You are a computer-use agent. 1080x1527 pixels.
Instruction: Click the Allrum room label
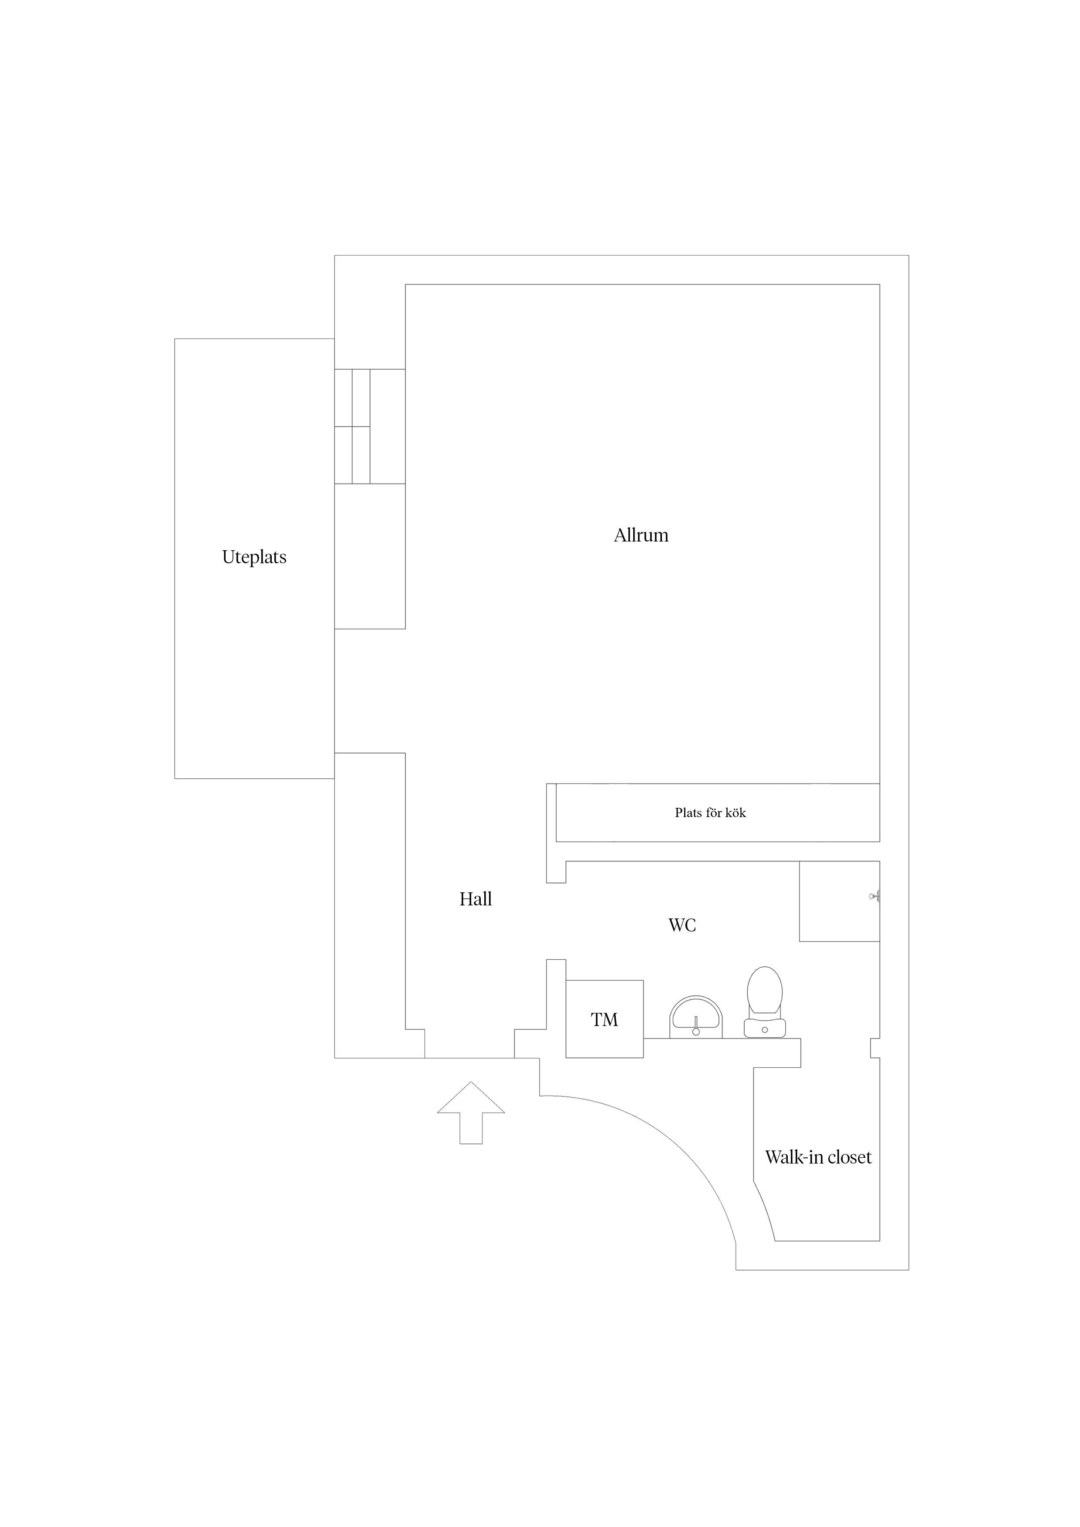tap(641, 535)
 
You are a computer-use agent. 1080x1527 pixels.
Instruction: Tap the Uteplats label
tap(254, 557)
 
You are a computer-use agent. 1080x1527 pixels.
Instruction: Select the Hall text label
tap(476, 899)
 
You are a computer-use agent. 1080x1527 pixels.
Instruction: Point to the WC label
tap(682, 925)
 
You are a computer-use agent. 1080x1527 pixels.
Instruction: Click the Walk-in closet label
tap(818, 1157)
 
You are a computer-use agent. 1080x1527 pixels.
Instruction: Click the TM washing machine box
tap(604, 1019)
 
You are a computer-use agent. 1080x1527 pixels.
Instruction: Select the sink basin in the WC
tap(695, 1017)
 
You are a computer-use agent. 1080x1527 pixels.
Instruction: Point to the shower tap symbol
tap(874, 897)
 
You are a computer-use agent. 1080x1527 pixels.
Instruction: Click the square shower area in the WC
tap(839, 901)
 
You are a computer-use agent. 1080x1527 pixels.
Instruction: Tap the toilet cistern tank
tap(765, 1028)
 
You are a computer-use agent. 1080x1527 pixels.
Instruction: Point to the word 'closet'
tap(849, 1157)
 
